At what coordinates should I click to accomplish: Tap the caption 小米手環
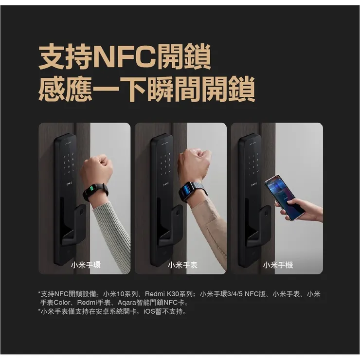[x=86, y=265]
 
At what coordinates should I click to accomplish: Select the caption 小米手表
[x=182, y=265]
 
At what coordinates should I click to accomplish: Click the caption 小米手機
[x=278, y=265]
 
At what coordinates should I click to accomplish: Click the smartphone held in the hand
[x=284, y=196]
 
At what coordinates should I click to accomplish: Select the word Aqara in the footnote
[x=127, y=303]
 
